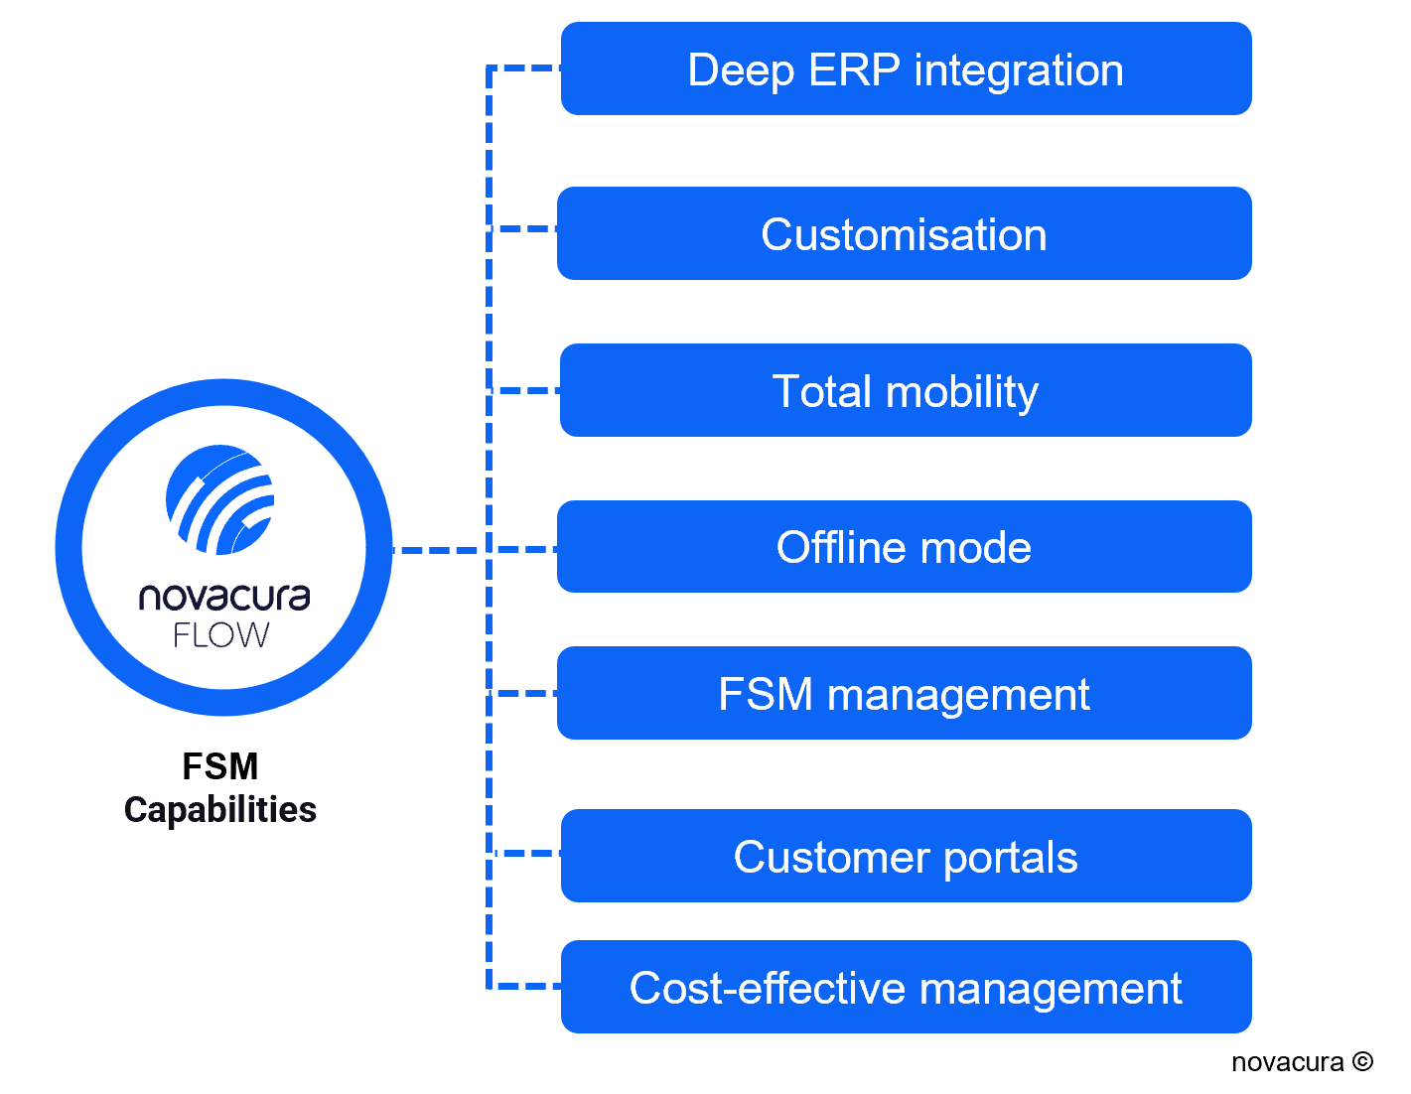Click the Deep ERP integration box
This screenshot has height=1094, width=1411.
(x=906, y=68)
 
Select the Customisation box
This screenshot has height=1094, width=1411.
(x=904, y=233)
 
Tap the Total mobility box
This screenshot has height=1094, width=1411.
(x=906, y=390)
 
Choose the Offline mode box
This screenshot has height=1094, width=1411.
(x=904, y=546)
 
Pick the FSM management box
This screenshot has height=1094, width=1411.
(x=904, y=693)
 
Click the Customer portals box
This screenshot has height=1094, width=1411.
(x=906, y=855)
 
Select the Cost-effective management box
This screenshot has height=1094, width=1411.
(x=906, y=986)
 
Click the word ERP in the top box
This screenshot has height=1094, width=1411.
(x=854, y=69)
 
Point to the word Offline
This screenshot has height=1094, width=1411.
(x=841, y=546)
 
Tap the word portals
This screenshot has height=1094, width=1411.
(x=1011, y=858)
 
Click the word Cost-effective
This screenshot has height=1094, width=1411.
(x=767, y=988)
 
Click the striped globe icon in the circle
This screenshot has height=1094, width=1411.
(x=219, y=499)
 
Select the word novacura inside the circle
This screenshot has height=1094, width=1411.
(x=224, y=597)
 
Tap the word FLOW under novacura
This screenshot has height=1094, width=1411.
(x=220, y=634)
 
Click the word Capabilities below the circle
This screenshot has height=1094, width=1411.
(x=220, y=810)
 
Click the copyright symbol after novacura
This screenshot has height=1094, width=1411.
(x=1362, y=1061)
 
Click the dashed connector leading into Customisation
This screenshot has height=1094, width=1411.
(x=522, y=228)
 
